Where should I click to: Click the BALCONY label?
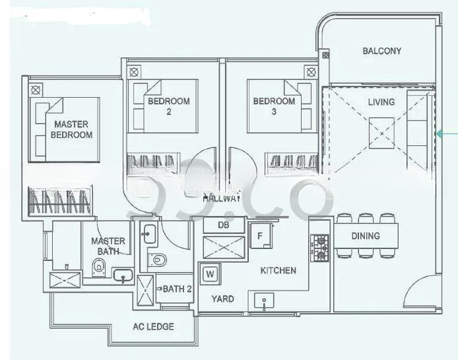381,51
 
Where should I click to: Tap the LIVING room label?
381,102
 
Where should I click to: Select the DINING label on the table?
365,236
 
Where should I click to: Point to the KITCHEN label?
278,271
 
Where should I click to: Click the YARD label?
222,299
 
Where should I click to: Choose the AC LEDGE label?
153,326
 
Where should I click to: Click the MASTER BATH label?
109,246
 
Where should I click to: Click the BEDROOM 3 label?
274,106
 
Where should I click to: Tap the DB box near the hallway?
224,225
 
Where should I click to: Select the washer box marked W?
210,274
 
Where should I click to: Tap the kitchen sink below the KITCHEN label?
264,301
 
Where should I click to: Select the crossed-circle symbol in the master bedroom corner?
36,91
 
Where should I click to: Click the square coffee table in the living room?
381,130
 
